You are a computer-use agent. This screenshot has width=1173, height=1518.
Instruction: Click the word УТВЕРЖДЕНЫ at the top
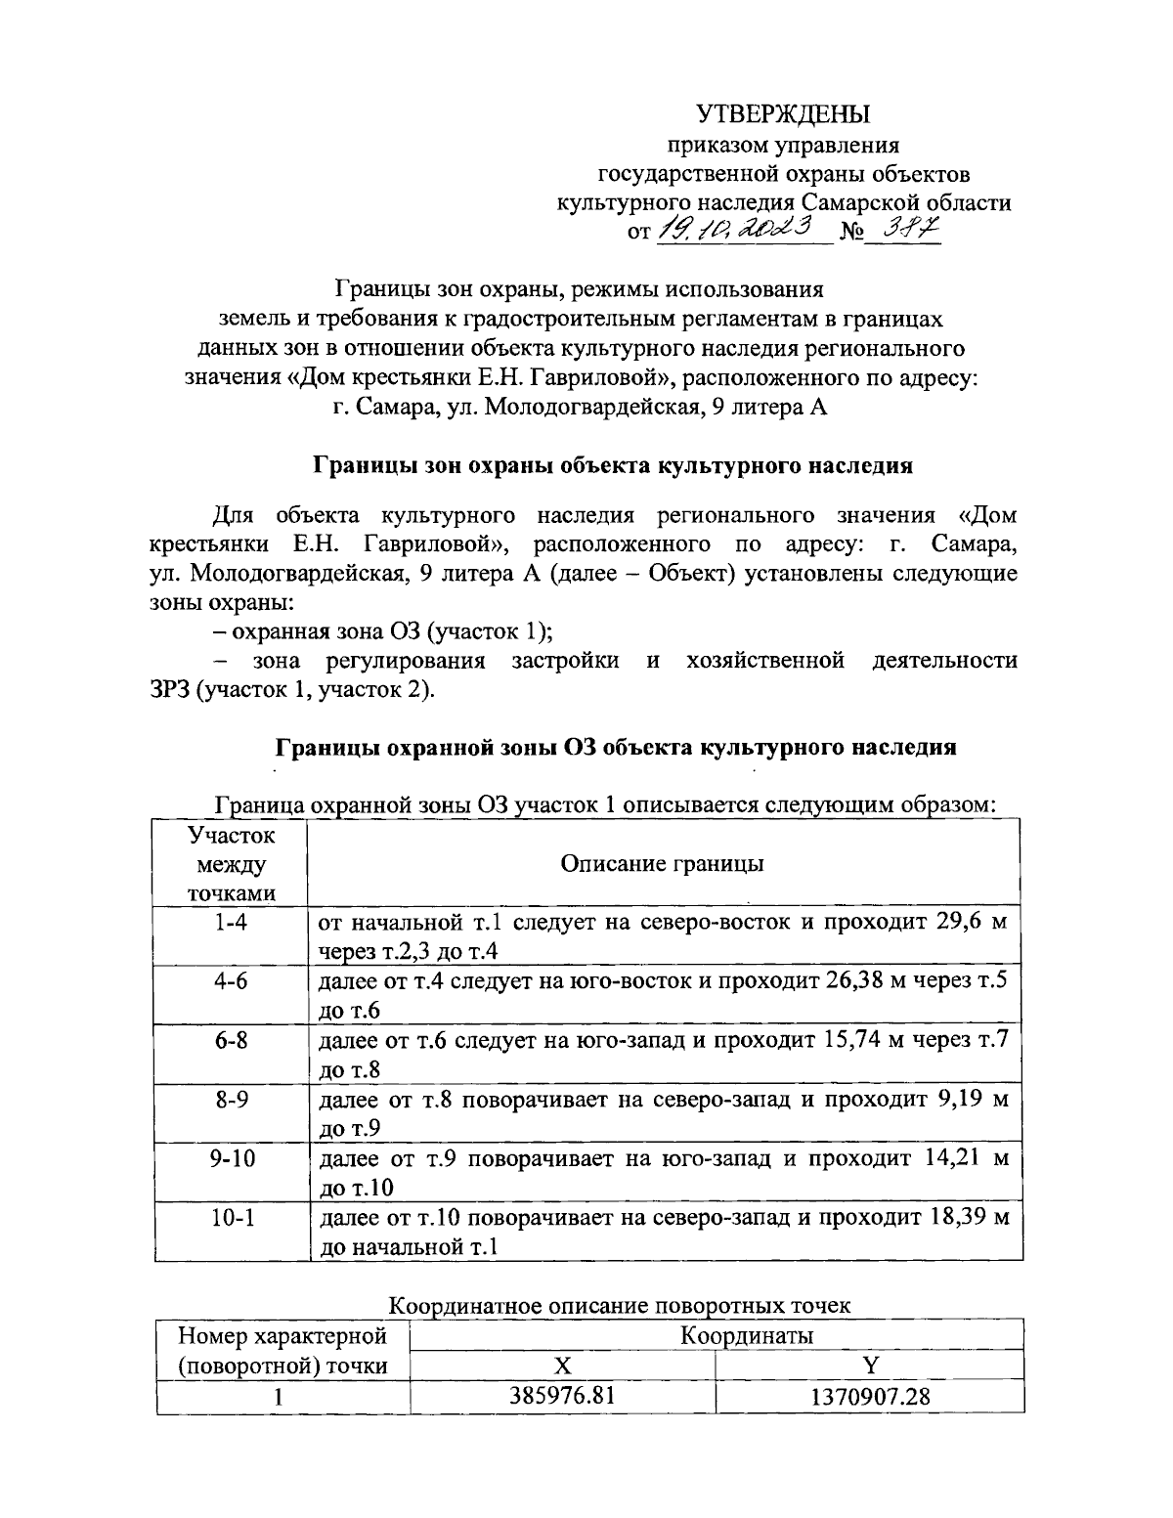[x=783, y=115]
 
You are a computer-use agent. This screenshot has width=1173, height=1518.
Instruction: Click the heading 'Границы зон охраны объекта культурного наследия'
[x=612, y=465]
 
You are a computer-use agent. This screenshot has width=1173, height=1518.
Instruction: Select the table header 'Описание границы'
[x=662, y=864]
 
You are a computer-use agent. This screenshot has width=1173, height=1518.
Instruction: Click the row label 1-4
[x=231, y=922]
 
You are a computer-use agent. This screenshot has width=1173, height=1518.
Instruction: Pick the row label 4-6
[x=231, y=980]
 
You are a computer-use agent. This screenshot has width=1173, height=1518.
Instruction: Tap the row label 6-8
[x=231, y=1040]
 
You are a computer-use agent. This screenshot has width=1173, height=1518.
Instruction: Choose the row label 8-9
[x=231, y=1100]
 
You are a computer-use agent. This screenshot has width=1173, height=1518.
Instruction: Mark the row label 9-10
[x=231, y=1159]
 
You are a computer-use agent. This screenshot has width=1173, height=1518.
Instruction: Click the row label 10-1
[x=231, y=1218]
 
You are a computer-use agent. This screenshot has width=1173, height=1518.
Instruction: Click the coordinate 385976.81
[x=563, y=1396]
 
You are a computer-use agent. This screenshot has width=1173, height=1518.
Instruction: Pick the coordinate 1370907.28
[x=869, y=1396]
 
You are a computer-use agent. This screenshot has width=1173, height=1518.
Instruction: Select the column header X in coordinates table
[x=563, y=1366]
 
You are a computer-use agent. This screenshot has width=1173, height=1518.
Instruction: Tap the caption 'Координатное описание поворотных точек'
[x=620, y=1305]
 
